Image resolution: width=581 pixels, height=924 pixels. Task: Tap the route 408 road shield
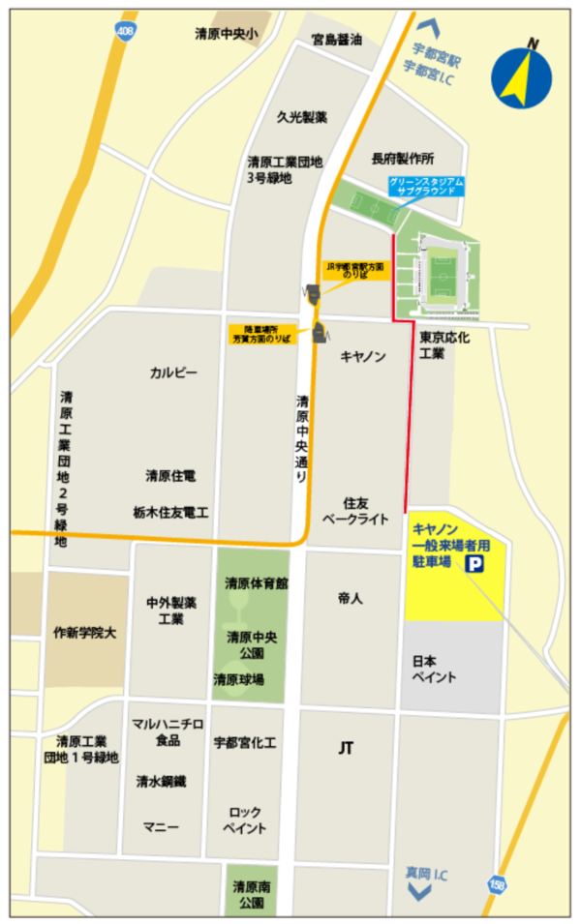[125, 32]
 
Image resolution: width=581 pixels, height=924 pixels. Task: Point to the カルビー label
[173, 373]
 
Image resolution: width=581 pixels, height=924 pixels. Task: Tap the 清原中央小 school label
[226, 35]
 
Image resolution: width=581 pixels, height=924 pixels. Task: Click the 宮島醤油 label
[336, 41]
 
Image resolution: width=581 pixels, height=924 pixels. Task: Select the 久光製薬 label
[301, 117]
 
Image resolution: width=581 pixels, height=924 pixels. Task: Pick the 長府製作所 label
[403, 158]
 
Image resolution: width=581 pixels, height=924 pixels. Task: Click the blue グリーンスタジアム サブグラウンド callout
[427, 186]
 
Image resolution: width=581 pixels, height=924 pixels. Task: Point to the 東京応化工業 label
[444, 346]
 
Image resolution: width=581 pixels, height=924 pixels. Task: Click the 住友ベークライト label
[366, 509]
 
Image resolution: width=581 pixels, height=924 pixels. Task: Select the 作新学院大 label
[84, 633]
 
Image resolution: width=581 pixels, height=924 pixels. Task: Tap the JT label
[346, 747]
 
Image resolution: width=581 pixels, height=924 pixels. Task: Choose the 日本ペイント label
[434, 669]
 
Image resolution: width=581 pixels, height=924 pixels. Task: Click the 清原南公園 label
[251, 894]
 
